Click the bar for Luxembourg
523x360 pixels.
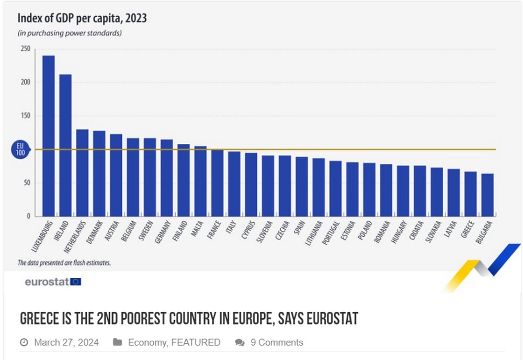[x=49, y=136]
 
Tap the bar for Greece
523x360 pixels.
[x=471, y=194]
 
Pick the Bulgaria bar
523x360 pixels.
[x=487, y=195]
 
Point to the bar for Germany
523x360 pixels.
[x=167, y=177]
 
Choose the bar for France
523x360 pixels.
[x=217, y=183]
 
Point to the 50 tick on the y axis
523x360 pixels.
[x=25, y=183]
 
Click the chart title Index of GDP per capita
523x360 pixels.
[x=82, y=18]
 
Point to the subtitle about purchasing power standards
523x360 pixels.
[x=70, y=33]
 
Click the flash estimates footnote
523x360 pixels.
[x=64, y=263]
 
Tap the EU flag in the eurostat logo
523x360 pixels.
[x=76, y=282]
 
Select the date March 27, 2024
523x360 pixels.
[x=66, y=343]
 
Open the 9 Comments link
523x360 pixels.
[x=277, y=343]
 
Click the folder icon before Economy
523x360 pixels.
[x=118, y=343]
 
